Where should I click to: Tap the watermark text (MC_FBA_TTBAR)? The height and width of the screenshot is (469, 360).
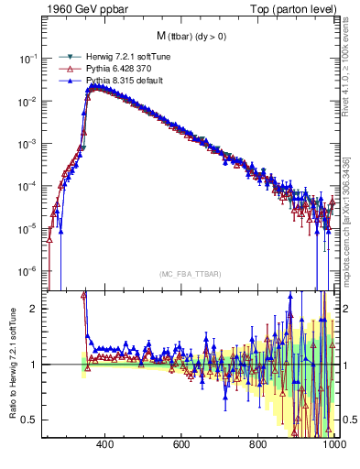(190, 274)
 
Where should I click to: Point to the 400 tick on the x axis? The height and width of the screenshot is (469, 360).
(104, 445)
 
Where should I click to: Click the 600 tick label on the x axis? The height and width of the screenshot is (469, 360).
(181, 445)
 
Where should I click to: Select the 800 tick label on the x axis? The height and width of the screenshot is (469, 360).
(258, 445)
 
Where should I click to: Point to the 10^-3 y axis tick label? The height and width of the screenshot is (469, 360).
(29, 144)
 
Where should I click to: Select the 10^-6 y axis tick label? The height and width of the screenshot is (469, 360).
(29, 271)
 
